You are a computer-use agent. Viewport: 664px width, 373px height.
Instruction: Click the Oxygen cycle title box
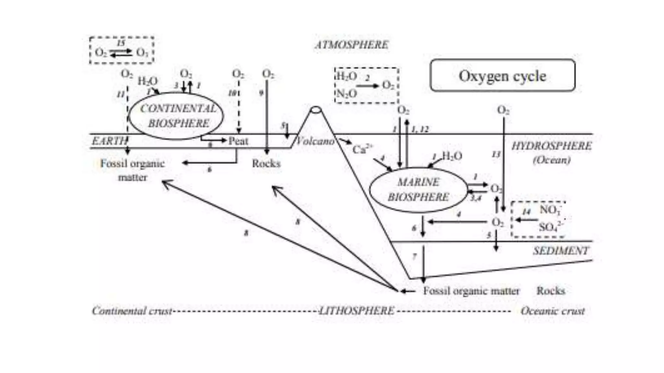click(x=502, y=75)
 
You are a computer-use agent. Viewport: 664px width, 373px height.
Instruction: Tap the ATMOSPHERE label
click(x=351, y=45)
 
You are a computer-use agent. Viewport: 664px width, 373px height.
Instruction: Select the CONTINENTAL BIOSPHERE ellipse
click(x=177, y=116)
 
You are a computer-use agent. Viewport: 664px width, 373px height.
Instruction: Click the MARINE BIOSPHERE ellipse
click(x=418, y=190)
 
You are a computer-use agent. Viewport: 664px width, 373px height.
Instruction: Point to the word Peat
click(x=238, y=141)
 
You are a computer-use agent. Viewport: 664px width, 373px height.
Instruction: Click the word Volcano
click(x=315, y=141)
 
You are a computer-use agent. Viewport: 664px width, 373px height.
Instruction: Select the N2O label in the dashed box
click(x=346, y=94)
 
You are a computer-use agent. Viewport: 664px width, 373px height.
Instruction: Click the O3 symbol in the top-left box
click(x=142, y=52)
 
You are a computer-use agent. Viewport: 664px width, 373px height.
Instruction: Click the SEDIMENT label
click(x=561, y=251)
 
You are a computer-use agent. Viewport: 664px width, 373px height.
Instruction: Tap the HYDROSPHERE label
click(x=551, y=146)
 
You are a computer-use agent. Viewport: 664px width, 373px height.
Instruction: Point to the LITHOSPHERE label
click(x=357, y=311)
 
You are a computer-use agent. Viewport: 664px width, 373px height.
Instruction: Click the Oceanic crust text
click(x=552, y=311)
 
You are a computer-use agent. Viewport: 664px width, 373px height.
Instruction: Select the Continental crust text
click(x=132, y=311)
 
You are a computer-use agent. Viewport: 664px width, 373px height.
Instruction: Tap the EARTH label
click(x=109, y=141)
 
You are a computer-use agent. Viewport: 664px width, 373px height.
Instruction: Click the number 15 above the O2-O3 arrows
click(x=121, y=43)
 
